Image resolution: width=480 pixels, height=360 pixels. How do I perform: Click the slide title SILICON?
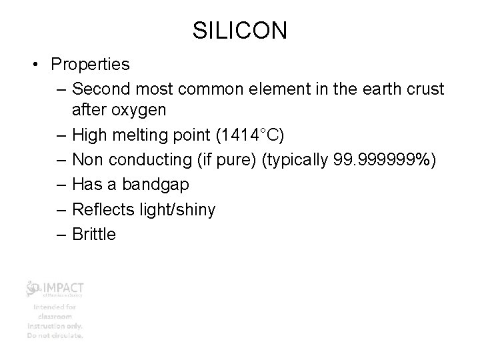click(x=239, y=30)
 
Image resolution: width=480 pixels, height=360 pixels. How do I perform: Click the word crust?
click(x=423, y=89)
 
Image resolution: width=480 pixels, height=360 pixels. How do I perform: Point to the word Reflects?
click(x=102, y=209)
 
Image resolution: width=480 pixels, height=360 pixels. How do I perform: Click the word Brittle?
click(x=94, y=234)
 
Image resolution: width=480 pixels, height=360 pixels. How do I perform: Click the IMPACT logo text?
click(x=64, y=287)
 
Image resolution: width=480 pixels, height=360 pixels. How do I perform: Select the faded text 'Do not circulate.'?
click(x=55, y=335)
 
